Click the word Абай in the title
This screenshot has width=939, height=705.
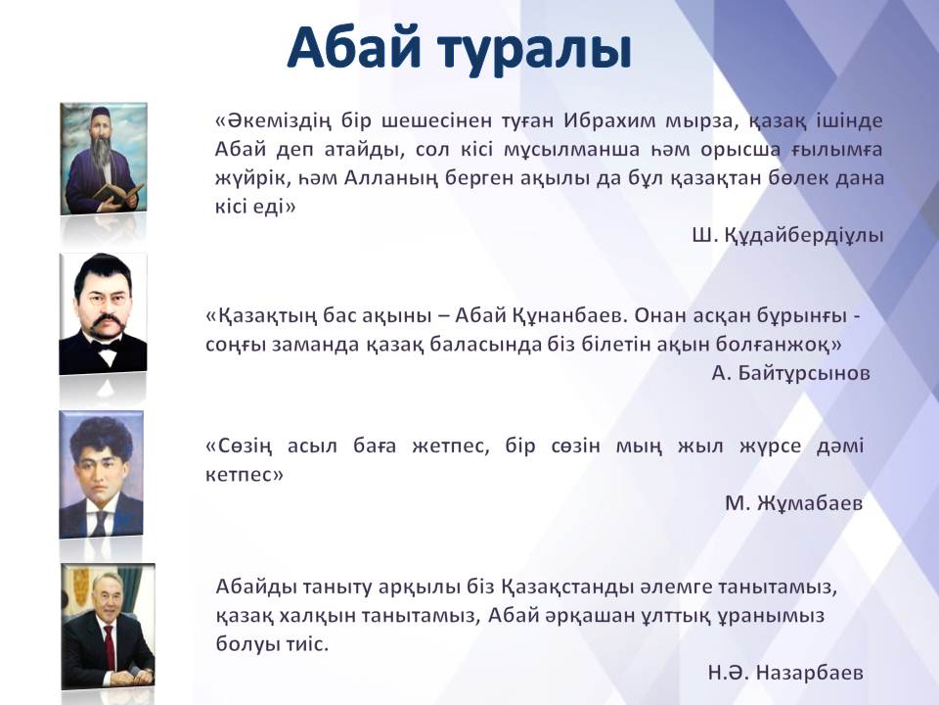pyautogui.click(x=354, y=48)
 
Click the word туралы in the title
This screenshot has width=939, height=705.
pyautogui.click(x=535, y=51)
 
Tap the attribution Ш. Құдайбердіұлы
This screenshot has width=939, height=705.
pyautogui.click(x=787, y=235)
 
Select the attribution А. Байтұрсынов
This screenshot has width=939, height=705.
pyautogui.click(x=790, y=373)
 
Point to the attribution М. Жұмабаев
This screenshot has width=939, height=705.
pyautogui.click(x=793, y=502)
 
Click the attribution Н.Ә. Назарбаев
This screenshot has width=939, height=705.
pyautogui.click(x=785, y=672)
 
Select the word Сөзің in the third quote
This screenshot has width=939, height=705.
pyautogui.click(x=239, y=446)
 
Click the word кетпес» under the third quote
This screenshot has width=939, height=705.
pyautogui.click(x=245, y=475)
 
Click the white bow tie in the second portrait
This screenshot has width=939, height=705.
pyautogui.click(x=108, y=354)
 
